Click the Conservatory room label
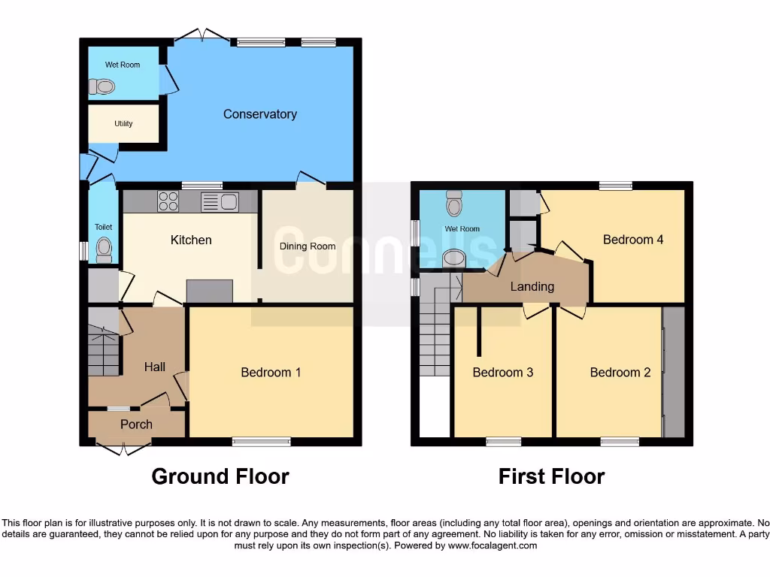259,114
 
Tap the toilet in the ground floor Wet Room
102,88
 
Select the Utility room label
123,123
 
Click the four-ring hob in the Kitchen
168,201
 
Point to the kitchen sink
220,201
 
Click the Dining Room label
307,246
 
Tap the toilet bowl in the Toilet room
104,247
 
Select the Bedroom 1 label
271,372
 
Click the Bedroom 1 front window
261,442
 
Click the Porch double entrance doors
123,449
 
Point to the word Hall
155,367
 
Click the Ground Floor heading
220,476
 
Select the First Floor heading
551,476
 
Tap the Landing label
532,286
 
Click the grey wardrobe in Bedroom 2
674,372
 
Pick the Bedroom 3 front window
504,442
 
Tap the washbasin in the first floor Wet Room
454,258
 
